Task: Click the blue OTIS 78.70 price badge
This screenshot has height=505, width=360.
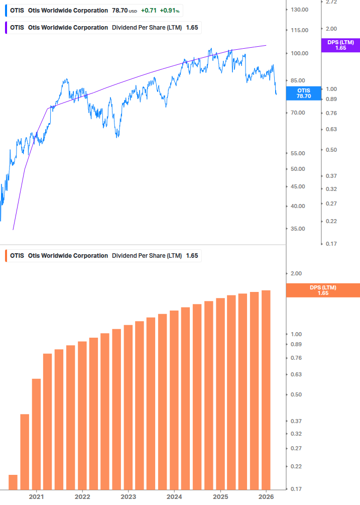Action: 304,93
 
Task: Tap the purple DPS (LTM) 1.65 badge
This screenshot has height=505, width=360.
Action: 340,45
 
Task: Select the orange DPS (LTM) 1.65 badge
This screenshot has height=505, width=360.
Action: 322,290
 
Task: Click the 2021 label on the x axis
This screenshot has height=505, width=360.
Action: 36,496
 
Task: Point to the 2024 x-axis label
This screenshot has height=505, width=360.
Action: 174,496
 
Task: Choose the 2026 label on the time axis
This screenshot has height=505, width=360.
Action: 266,496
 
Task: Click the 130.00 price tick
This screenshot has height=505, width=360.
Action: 299,10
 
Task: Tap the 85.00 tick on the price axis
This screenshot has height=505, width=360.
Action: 298,80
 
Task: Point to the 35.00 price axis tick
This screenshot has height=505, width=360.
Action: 298,229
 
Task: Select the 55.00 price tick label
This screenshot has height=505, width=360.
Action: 298,153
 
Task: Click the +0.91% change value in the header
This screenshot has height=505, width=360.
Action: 170,10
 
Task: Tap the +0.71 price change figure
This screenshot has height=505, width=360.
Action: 149,10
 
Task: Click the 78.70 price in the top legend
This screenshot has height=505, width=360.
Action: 119,10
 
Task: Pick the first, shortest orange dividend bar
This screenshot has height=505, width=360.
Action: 13,482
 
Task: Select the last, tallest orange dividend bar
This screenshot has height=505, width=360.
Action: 266,389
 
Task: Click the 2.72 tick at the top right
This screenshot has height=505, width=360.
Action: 331,3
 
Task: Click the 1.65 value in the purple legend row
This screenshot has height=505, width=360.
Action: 192,28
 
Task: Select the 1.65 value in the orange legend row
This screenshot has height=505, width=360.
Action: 192,255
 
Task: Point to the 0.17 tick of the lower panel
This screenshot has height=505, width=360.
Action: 296,488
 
